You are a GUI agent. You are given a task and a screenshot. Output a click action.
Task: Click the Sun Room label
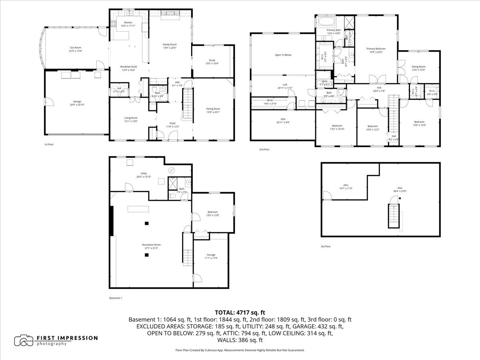coord(75,48)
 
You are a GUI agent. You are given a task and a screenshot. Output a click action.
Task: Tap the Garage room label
coord(77,101)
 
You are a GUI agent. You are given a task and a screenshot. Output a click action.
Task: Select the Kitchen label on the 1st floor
coord(128,22)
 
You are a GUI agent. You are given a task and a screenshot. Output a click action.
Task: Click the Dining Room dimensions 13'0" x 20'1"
coord(213,112)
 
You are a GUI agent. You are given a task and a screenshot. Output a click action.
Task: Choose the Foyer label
coord(173,123)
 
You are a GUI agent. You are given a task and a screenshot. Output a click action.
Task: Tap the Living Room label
coord(131,118)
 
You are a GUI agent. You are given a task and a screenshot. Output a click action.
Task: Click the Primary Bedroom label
coord(376,48)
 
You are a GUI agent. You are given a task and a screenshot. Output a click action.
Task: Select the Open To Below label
coord(283,55)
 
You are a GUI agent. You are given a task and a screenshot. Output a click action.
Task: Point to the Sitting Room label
coord(418,66)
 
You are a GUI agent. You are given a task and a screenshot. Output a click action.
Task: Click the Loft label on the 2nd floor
coord(285,84)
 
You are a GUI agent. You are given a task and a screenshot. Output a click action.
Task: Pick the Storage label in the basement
coord(211,255)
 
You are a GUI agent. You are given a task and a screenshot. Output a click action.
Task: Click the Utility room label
coord(138,173)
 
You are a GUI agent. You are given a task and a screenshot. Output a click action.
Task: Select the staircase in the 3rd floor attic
coord(392,216)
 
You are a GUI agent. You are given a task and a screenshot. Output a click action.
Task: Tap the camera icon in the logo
coord(24,340)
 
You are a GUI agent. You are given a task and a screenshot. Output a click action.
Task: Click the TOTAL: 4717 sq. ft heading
coord(240,312)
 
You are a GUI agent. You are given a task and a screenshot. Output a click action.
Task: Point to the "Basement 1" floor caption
coord(116,298)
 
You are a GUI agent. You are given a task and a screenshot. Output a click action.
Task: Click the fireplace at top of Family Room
coord(170,14)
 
